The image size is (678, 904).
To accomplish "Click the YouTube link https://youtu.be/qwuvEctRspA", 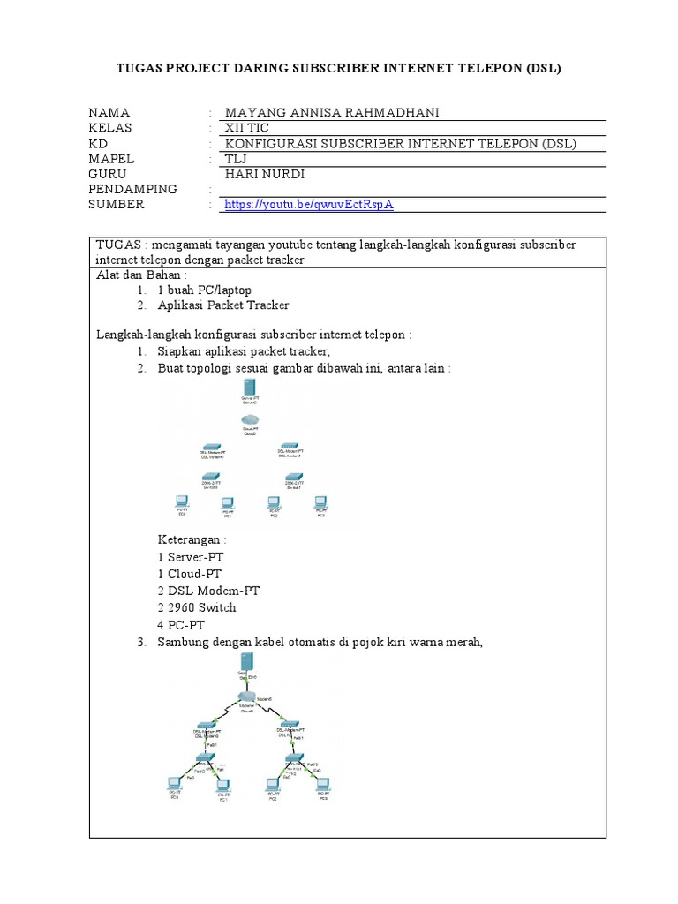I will click(309, 205).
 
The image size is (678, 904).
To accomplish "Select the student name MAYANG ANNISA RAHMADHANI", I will click(332, 112).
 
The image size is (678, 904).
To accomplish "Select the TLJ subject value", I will click(237, 159).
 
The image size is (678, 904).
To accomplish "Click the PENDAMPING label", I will click(133, 189).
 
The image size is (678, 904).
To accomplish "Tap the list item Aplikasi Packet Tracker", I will click(222, 305).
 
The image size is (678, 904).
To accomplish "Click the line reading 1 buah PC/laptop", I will click(204, 290).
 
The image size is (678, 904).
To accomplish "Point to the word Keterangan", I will click(192, 540).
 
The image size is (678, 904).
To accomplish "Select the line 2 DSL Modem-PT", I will click(208, 591).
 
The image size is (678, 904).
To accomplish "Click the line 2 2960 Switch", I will click(197, 607).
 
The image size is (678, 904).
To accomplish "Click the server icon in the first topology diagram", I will click(251, 388).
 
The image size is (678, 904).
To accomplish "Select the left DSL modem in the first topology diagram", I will click(212, 448).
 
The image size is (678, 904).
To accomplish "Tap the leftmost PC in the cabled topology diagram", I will click(175, 782).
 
